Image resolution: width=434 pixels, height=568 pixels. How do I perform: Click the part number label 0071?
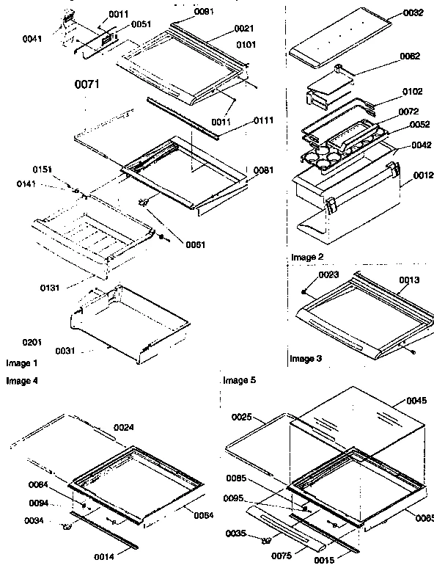87,85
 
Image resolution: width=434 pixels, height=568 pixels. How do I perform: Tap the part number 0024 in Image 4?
124,427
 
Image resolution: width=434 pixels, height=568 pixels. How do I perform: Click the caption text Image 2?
306,257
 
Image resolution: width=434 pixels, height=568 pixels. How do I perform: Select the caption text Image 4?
22,381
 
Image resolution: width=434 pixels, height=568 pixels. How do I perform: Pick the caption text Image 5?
239,381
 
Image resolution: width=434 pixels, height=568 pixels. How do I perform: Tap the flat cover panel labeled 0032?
337,37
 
